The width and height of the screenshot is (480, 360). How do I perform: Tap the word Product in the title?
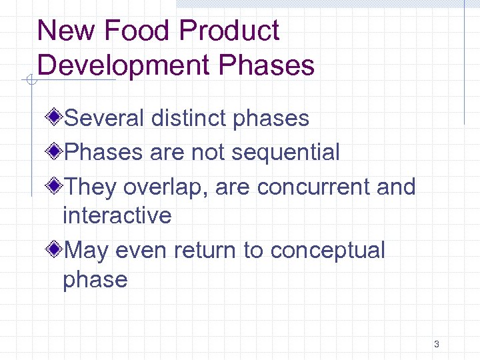pos(229,31)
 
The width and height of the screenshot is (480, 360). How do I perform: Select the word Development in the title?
pos(123,65)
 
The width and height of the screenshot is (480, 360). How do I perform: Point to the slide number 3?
pos(436,345)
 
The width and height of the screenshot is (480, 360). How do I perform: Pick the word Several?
pos(103,118)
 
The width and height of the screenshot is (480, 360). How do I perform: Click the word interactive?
pos(117,215)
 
